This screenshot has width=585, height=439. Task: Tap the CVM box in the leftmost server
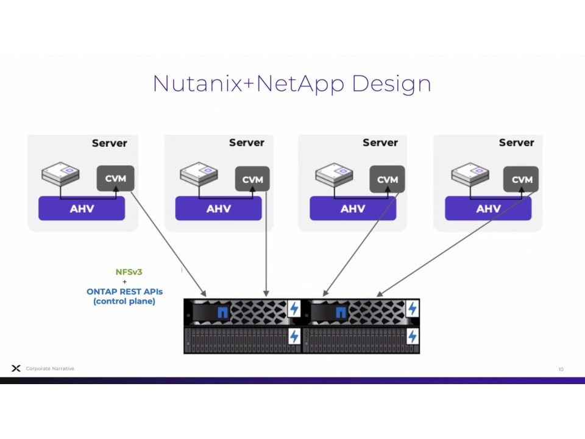[x=115, y=179]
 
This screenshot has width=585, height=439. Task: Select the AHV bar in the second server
[x=218, y=209]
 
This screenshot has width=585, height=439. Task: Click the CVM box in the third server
[x=387, y=179]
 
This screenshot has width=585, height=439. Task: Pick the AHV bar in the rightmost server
[x=488, y=209]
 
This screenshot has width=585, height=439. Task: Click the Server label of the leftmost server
[x=109, y=143]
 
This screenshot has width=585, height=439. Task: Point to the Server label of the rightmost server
[x=516, y=143]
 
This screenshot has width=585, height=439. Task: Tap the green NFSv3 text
[x=129, y=272]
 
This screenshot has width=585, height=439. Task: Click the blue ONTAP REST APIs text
[x=124, y=291]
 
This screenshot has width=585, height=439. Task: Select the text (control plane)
[x=124, y=301]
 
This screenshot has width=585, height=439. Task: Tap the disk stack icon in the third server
[x=334, y=174]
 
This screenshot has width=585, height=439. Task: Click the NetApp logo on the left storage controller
[x=222, y=313]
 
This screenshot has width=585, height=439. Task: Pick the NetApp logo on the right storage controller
[x=341, y=313]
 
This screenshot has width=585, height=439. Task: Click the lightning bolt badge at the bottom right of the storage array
[x=413, y=336]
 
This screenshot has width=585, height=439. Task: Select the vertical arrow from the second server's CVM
[x=266, y=244]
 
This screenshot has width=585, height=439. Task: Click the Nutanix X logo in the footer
[x=16, y=368]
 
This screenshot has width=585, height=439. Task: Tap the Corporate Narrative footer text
[x=50, y=368]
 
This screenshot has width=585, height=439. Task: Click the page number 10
[x=561, y=369]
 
